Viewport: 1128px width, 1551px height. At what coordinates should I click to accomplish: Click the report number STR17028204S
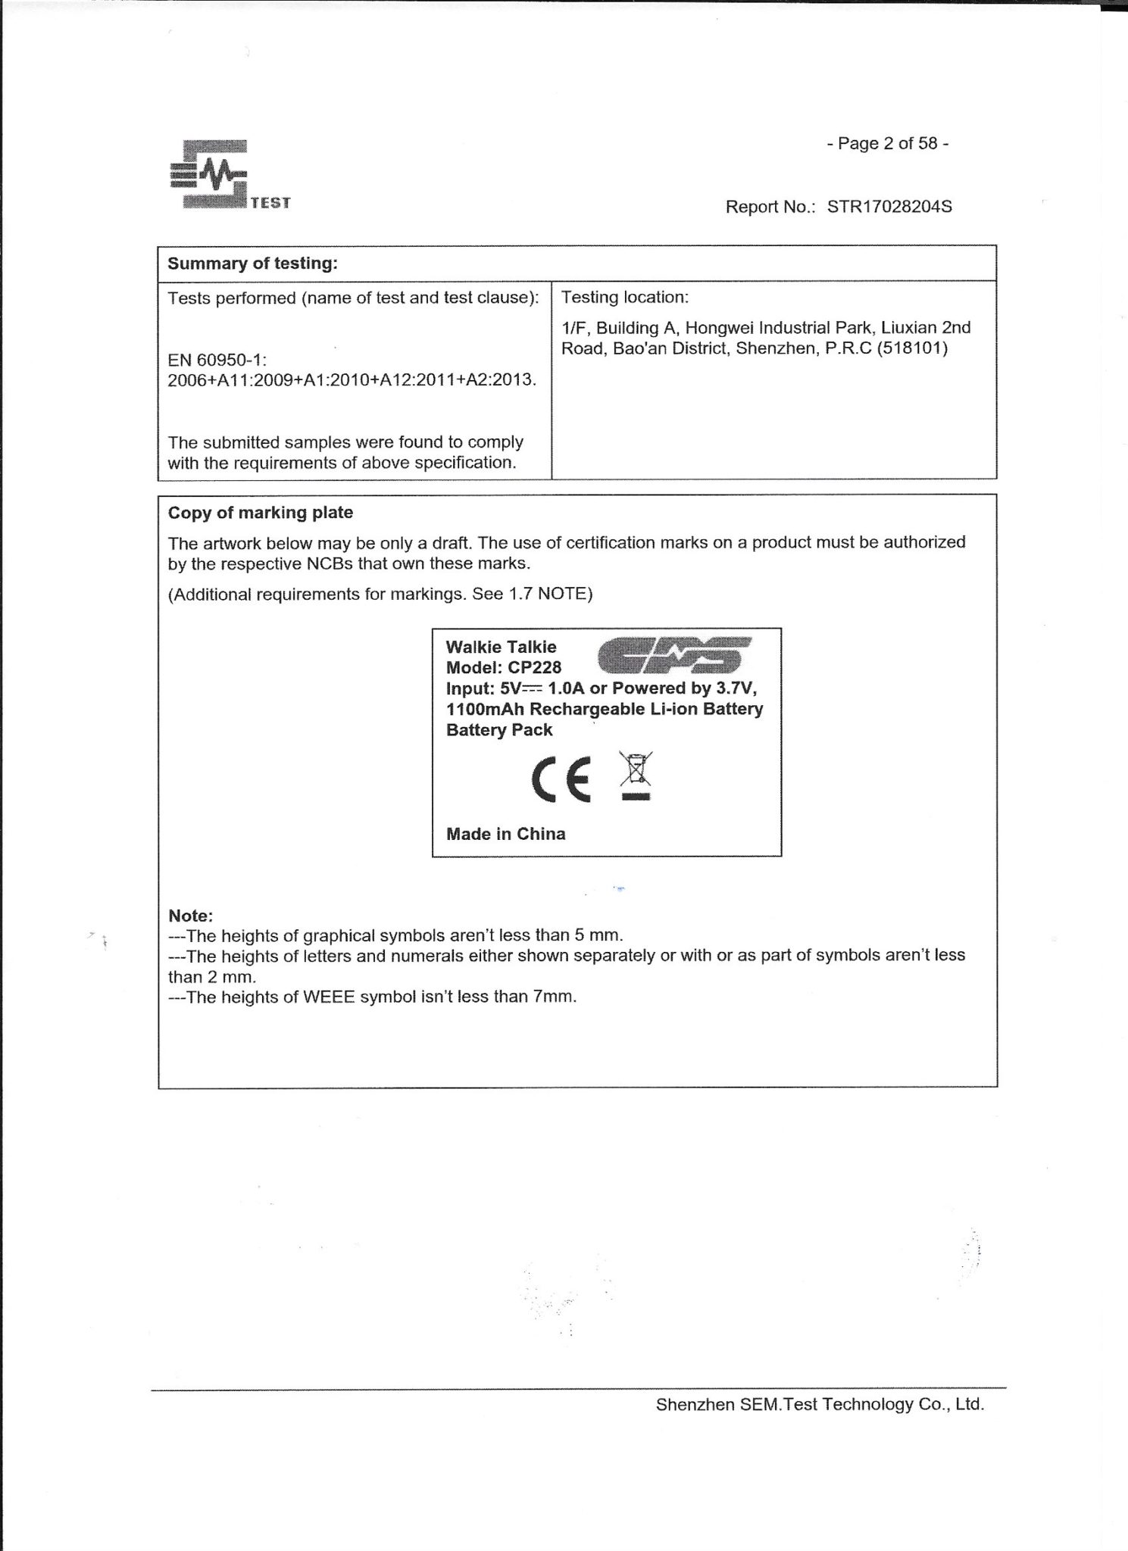889,207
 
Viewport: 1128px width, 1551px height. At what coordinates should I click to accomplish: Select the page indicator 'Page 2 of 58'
887,144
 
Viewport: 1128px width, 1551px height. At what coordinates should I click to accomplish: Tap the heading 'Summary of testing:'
252,264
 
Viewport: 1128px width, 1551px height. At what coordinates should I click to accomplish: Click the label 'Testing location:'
624,298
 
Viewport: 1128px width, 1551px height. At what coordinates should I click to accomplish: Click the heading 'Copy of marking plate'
260,513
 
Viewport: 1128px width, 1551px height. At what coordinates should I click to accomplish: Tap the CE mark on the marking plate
561,780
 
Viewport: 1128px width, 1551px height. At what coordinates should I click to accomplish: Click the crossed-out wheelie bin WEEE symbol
635,775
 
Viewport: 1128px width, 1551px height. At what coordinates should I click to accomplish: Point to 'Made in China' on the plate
505,834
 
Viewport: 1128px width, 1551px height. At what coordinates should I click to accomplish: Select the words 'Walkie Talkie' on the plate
501,647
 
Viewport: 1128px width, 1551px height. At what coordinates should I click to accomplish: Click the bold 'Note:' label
190,916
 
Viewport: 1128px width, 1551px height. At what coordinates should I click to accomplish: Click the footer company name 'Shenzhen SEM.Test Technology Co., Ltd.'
820,1405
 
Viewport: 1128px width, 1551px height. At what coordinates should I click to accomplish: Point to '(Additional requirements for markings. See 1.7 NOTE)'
380,594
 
